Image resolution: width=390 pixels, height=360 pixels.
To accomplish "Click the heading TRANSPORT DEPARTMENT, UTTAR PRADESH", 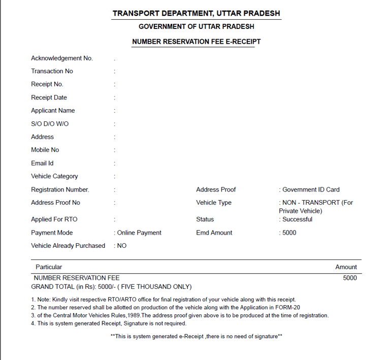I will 196,13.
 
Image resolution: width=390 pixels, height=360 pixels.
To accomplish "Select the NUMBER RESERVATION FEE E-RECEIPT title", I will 196,42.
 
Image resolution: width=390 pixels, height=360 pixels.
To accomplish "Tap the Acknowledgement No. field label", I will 62,58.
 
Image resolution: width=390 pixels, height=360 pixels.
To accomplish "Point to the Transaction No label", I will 52,72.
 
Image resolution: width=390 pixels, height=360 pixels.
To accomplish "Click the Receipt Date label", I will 49,97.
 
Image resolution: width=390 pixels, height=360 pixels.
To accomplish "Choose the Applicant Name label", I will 53,111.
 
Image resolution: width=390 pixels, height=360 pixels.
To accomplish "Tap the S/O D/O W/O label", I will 50,124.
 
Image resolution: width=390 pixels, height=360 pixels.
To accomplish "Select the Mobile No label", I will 45,150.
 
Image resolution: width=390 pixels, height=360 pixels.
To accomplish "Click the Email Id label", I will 42,163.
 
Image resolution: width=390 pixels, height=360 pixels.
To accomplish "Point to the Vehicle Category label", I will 54,177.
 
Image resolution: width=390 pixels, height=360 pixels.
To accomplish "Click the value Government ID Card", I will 311,190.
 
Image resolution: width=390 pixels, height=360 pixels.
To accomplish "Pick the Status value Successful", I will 297,220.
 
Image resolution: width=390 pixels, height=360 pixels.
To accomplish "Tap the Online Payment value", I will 139,233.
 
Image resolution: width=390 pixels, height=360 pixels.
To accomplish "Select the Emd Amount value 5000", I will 289,233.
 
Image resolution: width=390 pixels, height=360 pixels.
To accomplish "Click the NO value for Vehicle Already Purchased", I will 122,246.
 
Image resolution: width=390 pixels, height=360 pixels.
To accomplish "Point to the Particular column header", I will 49,267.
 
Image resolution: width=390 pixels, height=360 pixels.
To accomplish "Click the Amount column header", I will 346,267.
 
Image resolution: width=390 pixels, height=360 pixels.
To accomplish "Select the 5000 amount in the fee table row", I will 350,278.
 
